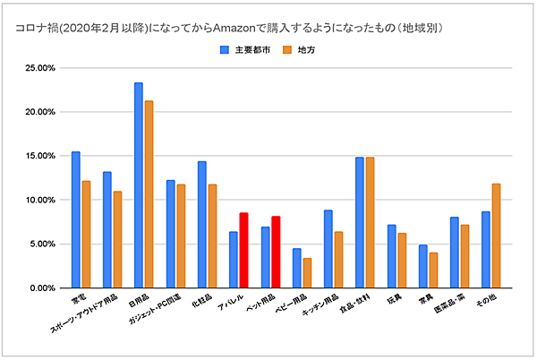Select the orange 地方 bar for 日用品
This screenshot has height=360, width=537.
(x=149, y=194)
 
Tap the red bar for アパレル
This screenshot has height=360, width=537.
(x=243, y=250)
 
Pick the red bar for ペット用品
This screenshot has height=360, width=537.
(x=275, y=252)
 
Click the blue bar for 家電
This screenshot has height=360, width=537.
(x=76, y=219)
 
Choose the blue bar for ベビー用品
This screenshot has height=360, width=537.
(x=296, y=268)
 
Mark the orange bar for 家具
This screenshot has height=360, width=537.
(x=432, y=270)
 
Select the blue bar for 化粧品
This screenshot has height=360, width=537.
(x=202, y=225)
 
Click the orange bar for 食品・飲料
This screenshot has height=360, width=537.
(x=370, y=222)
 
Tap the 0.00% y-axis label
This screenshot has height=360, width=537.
(x=43, y=288)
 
